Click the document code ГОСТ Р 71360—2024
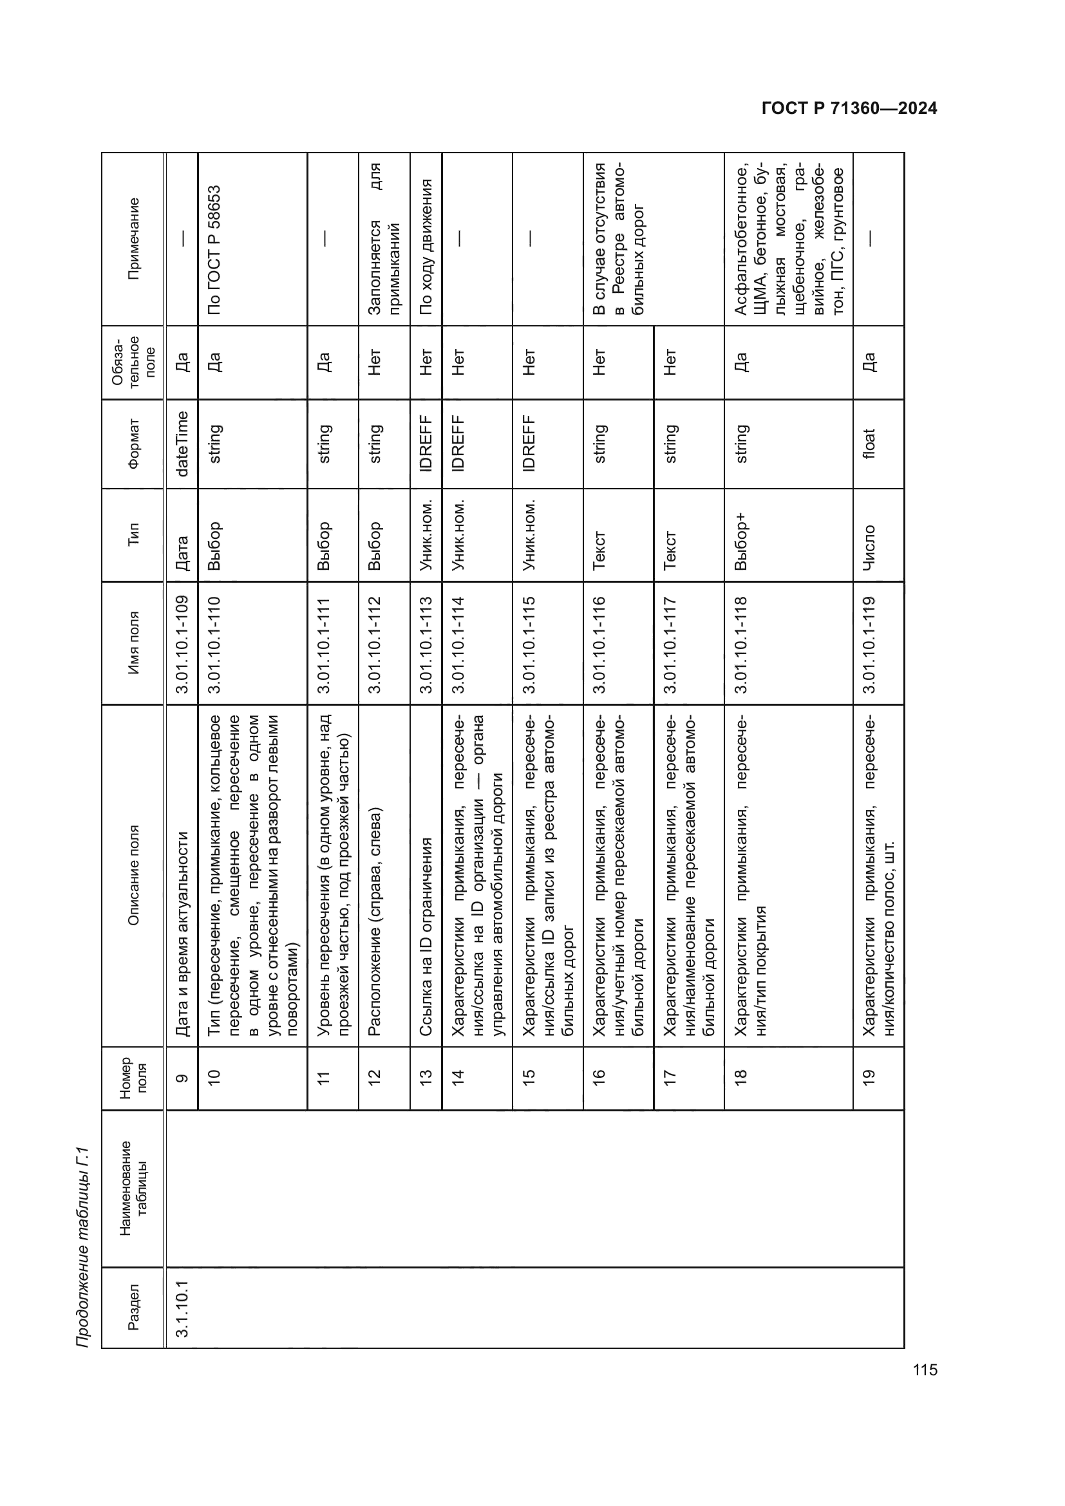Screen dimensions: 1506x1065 [849, 109]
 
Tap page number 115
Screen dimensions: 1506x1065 [925, 1370]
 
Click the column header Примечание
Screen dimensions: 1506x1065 [133, 239]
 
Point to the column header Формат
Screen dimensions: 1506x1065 [133, 444]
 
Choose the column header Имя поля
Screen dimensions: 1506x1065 [133, 643]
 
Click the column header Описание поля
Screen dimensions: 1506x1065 [133, 876]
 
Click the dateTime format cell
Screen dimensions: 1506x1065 [182, 444]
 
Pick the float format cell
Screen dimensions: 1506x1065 [869, 444]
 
